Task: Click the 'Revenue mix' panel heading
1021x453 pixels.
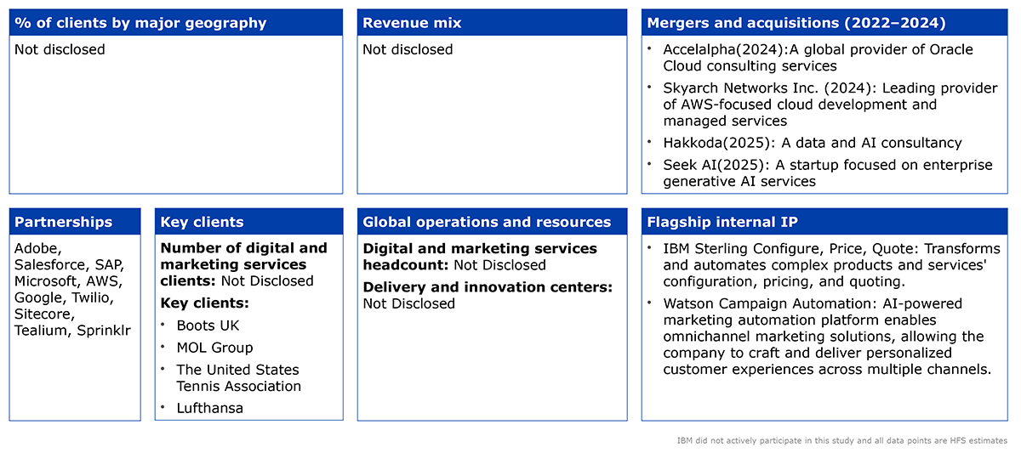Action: pos(412,23)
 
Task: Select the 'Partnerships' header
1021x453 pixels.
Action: pos(63,222)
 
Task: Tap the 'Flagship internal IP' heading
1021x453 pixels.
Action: pos(722,222)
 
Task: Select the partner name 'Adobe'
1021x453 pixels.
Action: pos(37,248)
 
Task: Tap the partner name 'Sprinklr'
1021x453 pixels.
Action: pos(104,331)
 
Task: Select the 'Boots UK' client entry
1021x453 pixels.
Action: pos(208,326)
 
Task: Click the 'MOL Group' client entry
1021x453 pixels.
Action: pos(214,348)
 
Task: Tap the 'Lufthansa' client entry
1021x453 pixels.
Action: pos(209,408)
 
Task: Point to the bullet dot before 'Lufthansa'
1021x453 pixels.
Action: pos(163,406)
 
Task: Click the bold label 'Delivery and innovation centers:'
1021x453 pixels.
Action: pos(488,287)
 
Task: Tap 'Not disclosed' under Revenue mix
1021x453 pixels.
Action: pos(408,49)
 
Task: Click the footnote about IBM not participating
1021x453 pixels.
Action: pos(841,441)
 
